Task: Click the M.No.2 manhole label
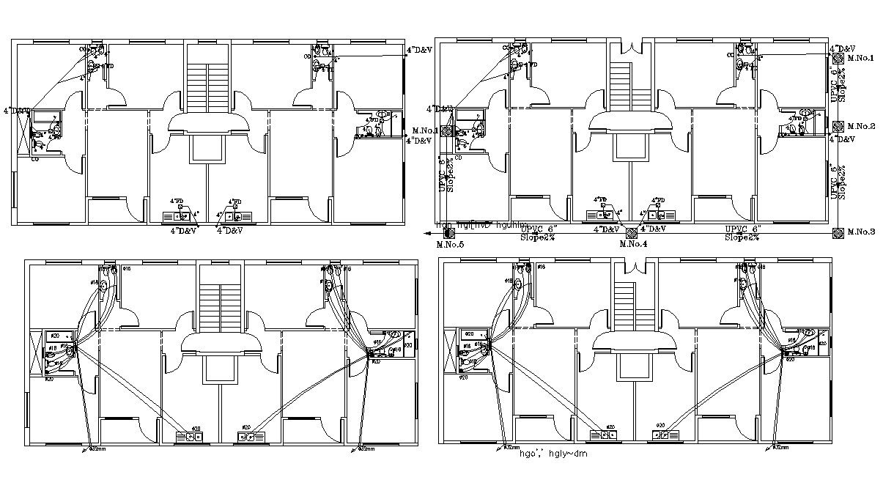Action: point(861,126)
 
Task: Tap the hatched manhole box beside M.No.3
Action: point(838,232)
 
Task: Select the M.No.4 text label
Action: point(632,244)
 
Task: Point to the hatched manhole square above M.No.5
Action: point(449,232)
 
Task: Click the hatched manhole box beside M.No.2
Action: point(838,126)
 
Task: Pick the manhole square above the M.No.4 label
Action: point(631,232)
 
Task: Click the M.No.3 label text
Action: point(861,232)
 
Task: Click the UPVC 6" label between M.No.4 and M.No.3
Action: point(744,229)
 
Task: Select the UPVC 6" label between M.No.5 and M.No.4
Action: point(539,229)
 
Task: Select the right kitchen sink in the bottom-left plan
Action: point(250,437)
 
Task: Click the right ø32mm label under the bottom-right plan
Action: point(781,447)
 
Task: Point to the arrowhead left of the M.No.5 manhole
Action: point(426,232)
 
